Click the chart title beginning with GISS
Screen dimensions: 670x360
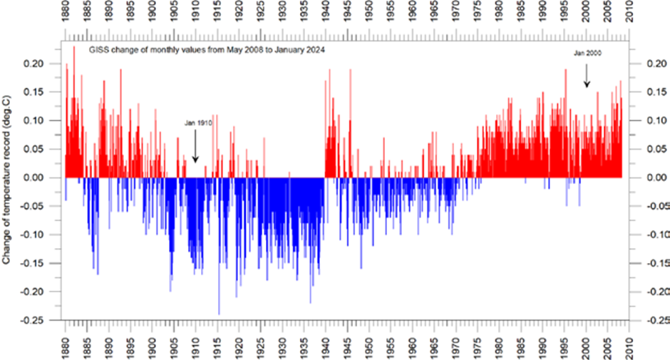point(207,50)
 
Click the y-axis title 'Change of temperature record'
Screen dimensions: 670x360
point(6,180)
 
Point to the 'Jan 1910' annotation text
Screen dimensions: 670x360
point(198,123)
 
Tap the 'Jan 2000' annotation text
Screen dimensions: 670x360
point(587,53)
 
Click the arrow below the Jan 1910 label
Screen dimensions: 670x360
point(195,146)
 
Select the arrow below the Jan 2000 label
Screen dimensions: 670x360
point(587,76)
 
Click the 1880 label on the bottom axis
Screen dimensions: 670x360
point(66,345)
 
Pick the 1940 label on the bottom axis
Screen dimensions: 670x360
point(326,345)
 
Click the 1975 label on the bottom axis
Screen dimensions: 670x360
point(478,345)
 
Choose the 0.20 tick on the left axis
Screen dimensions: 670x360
point(35,63)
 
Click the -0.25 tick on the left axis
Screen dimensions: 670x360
point(33,320)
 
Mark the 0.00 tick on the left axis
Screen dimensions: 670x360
point(35,178)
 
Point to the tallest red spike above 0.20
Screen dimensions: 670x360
point(74,112)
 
